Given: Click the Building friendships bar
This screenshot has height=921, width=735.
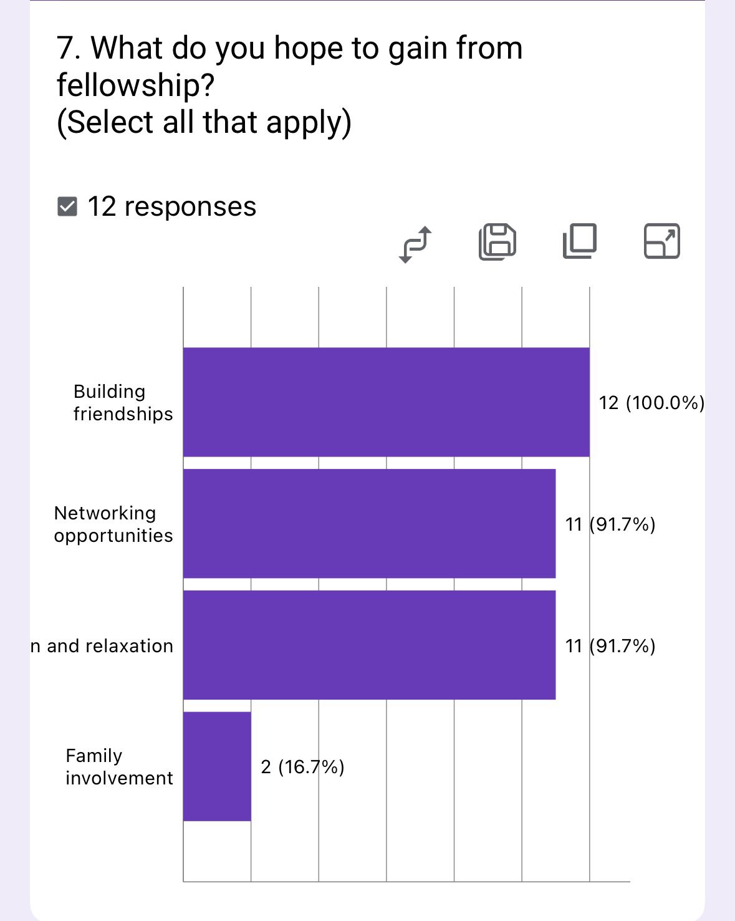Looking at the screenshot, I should [386, 402].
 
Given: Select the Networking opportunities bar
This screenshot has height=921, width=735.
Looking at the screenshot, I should [369, 524].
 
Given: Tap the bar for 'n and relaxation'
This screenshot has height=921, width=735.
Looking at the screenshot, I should [369, 645].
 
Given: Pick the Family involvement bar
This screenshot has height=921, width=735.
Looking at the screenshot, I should [217, 766].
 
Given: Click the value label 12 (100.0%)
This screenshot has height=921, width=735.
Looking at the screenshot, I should [651, 403].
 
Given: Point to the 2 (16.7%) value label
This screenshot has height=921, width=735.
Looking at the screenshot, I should [302, 767].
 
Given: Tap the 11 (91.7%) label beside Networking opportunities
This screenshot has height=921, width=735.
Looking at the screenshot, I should [610, 524].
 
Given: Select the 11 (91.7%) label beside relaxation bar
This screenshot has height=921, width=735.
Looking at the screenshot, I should [610, 645].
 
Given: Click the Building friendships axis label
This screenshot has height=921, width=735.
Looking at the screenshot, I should [123, 403].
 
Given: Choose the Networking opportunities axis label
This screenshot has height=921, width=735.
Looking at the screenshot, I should [113, 524].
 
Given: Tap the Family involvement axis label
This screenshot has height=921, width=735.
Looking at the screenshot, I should [119, 767].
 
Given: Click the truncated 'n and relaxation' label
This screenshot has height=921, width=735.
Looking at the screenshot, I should [102, 646].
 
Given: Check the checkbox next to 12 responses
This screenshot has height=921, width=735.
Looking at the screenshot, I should [67, 206].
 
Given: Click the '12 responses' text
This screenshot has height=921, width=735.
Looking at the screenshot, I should [172, 206].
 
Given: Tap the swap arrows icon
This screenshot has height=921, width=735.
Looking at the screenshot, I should [415, 243].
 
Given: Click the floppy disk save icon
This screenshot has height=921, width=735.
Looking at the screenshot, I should [497, 241].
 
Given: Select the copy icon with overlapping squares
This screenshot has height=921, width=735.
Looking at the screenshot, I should [580, 241].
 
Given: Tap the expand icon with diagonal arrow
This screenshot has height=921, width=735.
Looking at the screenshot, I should [661, 241].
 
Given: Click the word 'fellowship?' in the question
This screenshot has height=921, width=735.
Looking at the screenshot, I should [136, 85].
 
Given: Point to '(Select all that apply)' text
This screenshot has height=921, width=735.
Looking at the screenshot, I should [204, 122].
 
